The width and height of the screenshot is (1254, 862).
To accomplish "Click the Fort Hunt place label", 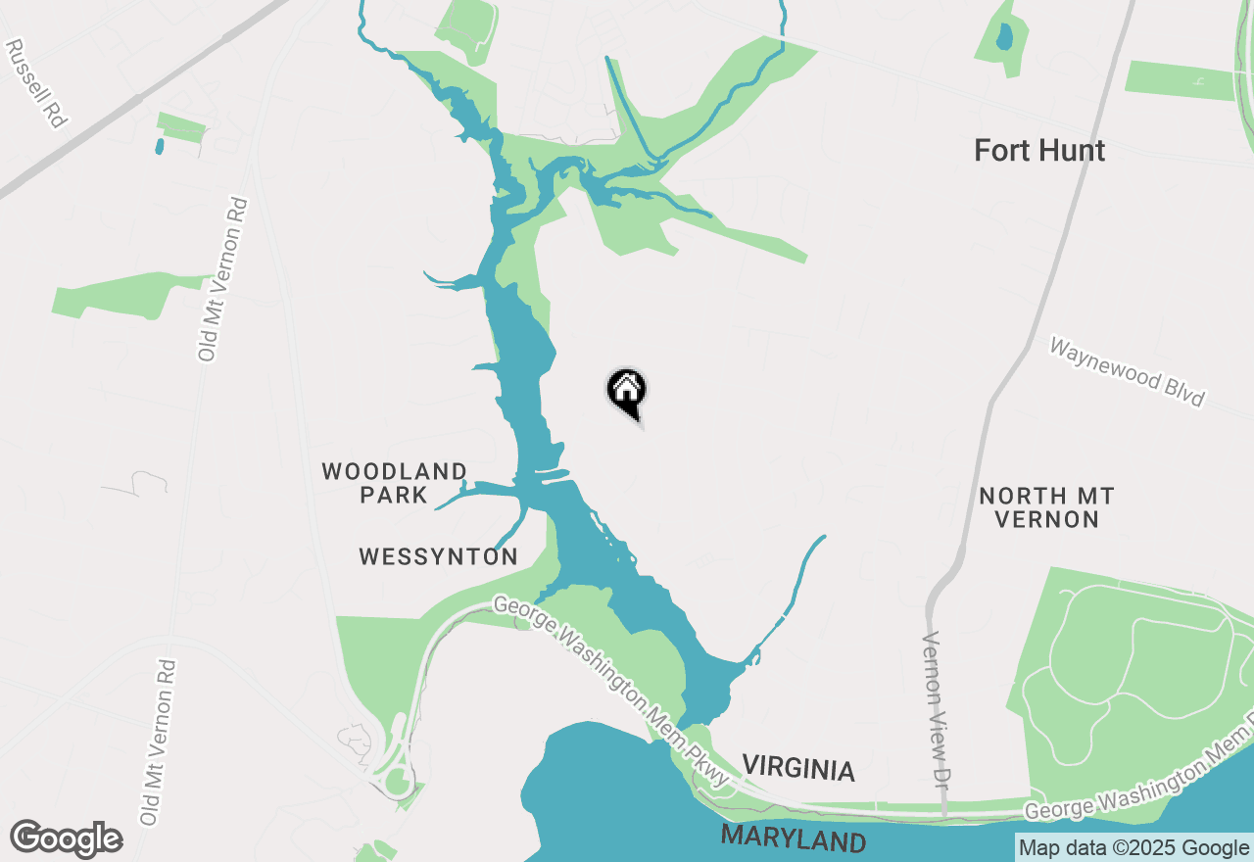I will pos(1039,151).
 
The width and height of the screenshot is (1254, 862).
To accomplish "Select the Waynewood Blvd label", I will pos(1126,373).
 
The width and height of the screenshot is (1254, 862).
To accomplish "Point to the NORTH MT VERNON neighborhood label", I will pos(1046,507).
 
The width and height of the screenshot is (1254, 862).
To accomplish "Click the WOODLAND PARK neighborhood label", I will pos(394,483).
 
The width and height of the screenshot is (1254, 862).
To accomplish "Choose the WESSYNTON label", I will pos(438,557).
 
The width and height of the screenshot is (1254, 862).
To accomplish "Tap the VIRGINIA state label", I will pos(797,769).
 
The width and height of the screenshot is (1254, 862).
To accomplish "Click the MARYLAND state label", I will pos(794,839).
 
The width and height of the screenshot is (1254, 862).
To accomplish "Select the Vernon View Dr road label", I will pos(938,720).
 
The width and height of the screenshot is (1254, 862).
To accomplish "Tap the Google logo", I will pos(66,839).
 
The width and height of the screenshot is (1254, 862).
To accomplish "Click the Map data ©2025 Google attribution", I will pos(1133,848).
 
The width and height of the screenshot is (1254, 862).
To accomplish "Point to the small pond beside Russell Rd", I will pos(160,147).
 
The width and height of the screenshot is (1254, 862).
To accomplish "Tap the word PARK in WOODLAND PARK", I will pos(394,495).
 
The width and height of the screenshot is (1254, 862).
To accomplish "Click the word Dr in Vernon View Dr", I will pos(941,774).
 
